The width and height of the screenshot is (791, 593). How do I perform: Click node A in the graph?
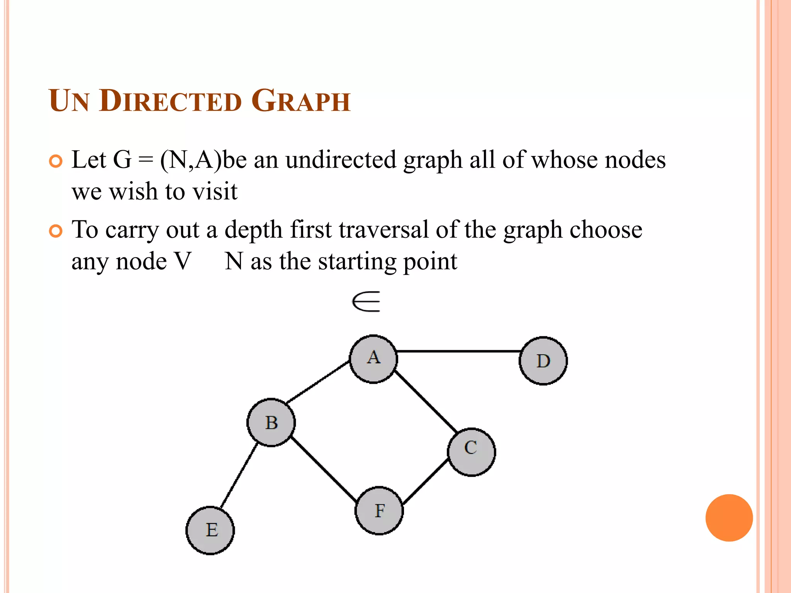(x=373, y=359)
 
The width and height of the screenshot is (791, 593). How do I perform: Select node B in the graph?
(x=271, y=422)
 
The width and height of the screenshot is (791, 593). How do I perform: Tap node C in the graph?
(x=471, y=452)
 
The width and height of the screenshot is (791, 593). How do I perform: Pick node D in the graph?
(x=543, y=361)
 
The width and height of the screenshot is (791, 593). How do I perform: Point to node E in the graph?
(x=210, y=530)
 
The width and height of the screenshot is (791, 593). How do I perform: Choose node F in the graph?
(x=379, y=510)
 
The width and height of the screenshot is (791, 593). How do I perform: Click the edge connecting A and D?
(x=458, y=351)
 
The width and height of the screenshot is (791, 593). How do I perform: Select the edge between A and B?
(x=317, y=381)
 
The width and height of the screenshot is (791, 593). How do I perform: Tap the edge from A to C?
(x=426, y=400)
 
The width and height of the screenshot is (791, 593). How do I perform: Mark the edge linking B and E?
(x=238, y=476)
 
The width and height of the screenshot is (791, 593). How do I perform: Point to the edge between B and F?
(x=324, y=469)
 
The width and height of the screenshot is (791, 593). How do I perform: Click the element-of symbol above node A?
(x=366, y=302)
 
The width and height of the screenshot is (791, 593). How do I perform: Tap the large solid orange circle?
(x=729, y=518)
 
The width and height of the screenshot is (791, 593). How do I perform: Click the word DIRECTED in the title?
(x=170, y=101)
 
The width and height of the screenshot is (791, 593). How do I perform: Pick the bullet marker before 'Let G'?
(x=56, y=161)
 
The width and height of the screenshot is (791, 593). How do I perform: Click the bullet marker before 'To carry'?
(x=56, y=231)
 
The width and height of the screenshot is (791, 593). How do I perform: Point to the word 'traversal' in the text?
(x=384, y=230)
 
